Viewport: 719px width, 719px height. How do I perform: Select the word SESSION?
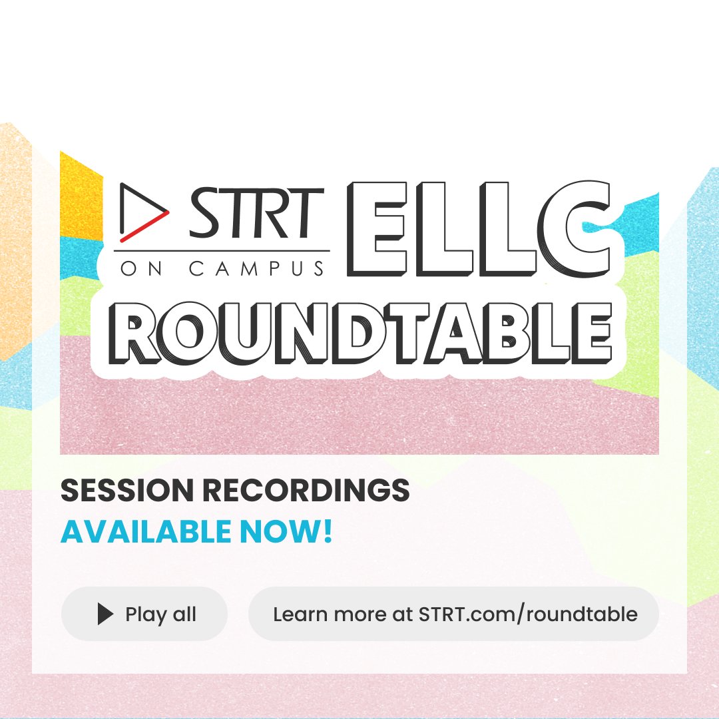[126, 491]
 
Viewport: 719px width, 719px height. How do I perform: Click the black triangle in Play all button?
[105, 614]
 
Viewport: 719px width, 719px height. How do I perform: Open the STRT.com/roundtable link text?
[528, 614]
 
